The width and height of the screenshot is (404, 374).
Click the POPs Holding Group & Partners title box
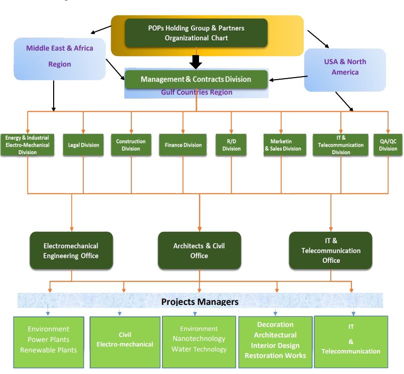pos(196,33)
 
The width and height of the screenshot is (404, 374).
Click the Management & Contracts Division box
pos(195,79)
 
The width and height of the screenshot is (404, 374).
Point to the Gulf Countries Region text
pos(196,93)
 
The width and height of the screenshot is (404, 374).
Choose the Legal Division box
pos(83,145)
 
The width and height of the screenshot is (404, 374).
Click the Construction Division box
pos(131,145)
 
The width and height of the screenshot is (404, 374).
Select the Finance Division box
pos(183,145)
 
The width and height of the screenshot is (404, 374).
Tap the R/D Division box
pos(231,145)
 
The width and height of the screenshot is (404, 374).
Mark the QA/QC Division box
pos(388,145)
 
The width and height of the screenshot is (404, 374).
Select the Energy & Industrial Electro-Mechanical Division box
pos(27,145)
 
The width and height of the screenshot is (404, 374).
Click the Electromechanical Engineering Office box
pos(71,251)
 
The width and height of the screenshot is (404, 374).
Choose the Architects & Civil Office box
pos(199,250)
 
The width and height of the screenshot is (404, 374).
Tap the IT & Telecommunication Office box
pos(331,250)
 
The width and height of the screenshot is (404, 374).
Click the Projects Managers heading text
pos(199,302)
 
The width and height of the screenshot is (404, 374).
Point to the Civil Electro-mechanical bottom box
pos(125,339)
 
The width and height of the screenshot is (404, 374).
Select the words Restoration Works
pos(275,356)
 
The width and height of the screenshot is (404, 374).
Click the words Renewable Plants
pos(49,350)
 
